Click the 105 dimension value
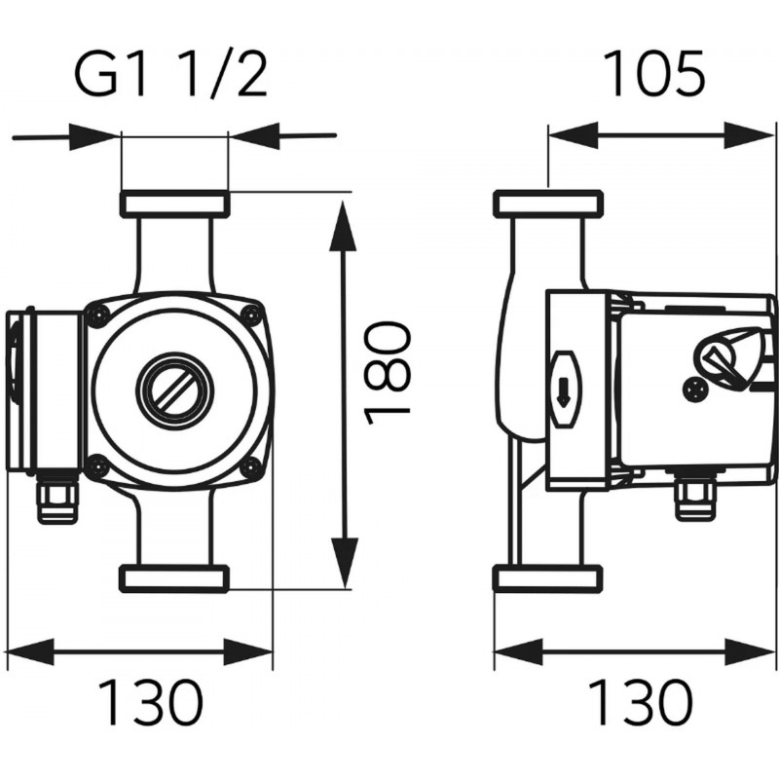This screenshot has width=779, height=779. pyautogui.click(x=653, y=76)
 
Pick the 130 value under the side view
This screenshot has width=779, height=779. pyautogui.click(x=641, y=703)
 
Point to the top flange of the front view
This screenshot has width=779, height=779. pyautogui.click(x=173, y=204)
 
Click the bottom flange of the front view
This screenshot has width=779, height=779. pyautogui.click(x=173, y=577)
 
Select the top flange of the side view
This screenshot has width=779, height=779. pyautogui.click(x=549, y=204)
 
